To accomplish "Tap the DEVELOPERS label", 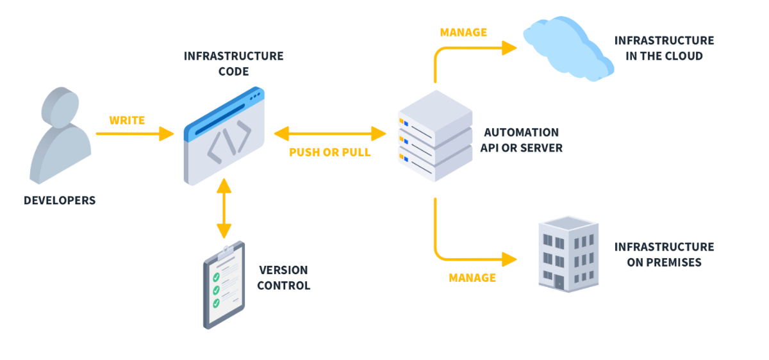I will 60,200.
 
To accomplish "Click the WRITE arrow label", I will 127,120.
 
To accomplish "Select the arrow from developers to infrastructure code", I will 135,134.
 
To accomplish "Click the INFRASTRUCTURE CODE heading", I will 233,63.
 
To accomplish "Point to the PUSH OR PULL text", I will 329,152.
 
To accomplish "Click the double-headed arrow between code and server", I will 329,134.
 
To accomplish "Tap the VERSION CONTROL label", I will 283,278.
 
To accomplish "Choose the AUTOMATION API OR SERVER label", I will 523,140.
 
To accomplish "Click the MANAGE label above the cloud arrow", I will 463,32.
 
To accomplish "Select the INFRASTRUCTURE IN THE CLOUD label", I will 664,48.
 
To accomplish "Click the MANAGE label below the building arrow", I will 472,277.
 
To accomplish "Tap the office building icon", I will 566,254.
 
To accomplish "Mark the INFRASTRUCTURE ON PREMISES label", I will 664,254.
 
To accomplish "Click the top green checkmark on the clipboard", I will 217,277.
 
